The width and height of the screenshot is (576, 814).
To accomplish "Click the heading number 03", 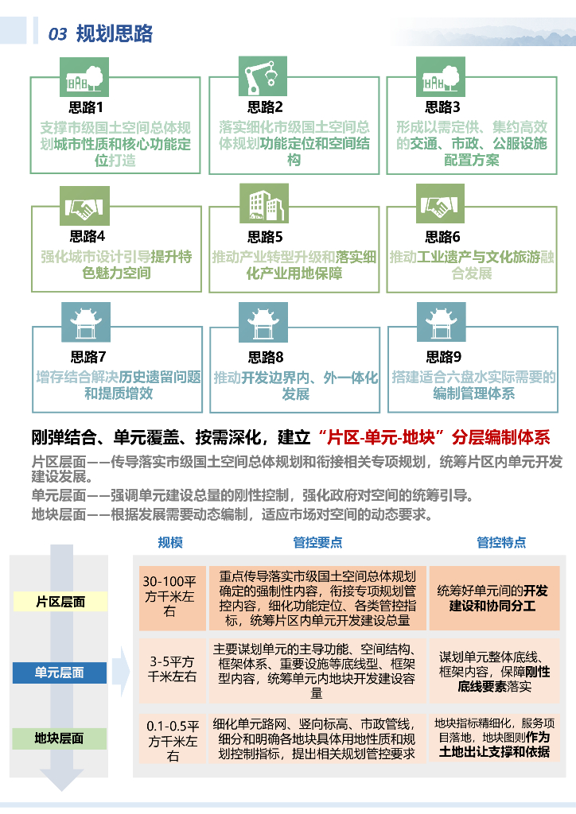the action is pos(57,34).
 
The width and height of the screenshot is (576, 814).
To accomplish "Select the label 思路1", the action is pos(86,107).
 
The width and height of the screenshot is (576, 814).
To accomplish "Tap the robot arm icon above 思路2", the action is pos(263,76).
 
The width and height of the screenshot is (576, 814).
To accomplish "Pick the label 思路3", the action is pos(442,107).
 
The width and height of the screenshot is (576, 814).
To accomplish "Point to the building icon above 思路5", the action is pos(263,207).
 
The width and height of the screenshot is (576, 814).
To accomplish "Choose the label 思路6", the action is pos(442,237).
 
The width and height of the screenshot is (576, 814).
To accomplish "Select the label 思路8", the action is pos(265,357).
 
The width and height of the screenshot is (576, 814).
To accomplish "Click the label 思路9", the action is pos(443,357).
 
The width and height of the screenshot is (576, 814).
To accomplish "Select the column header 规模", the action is pos(170,542).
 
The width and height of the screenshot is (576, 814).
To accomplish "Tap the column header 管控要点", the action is pos(317,542).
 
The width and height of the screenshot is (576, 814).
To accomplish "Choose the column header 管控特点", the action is pos(501,542).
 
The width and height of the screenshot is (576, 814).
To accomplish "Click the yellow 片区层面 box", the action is pos(60,602).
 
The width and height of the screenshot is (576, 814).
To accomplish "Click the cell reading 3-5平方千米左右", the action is pos(173,669).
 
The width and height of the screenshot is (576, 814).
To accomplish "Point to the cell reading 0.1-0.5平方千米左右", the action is pos(173,741).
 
